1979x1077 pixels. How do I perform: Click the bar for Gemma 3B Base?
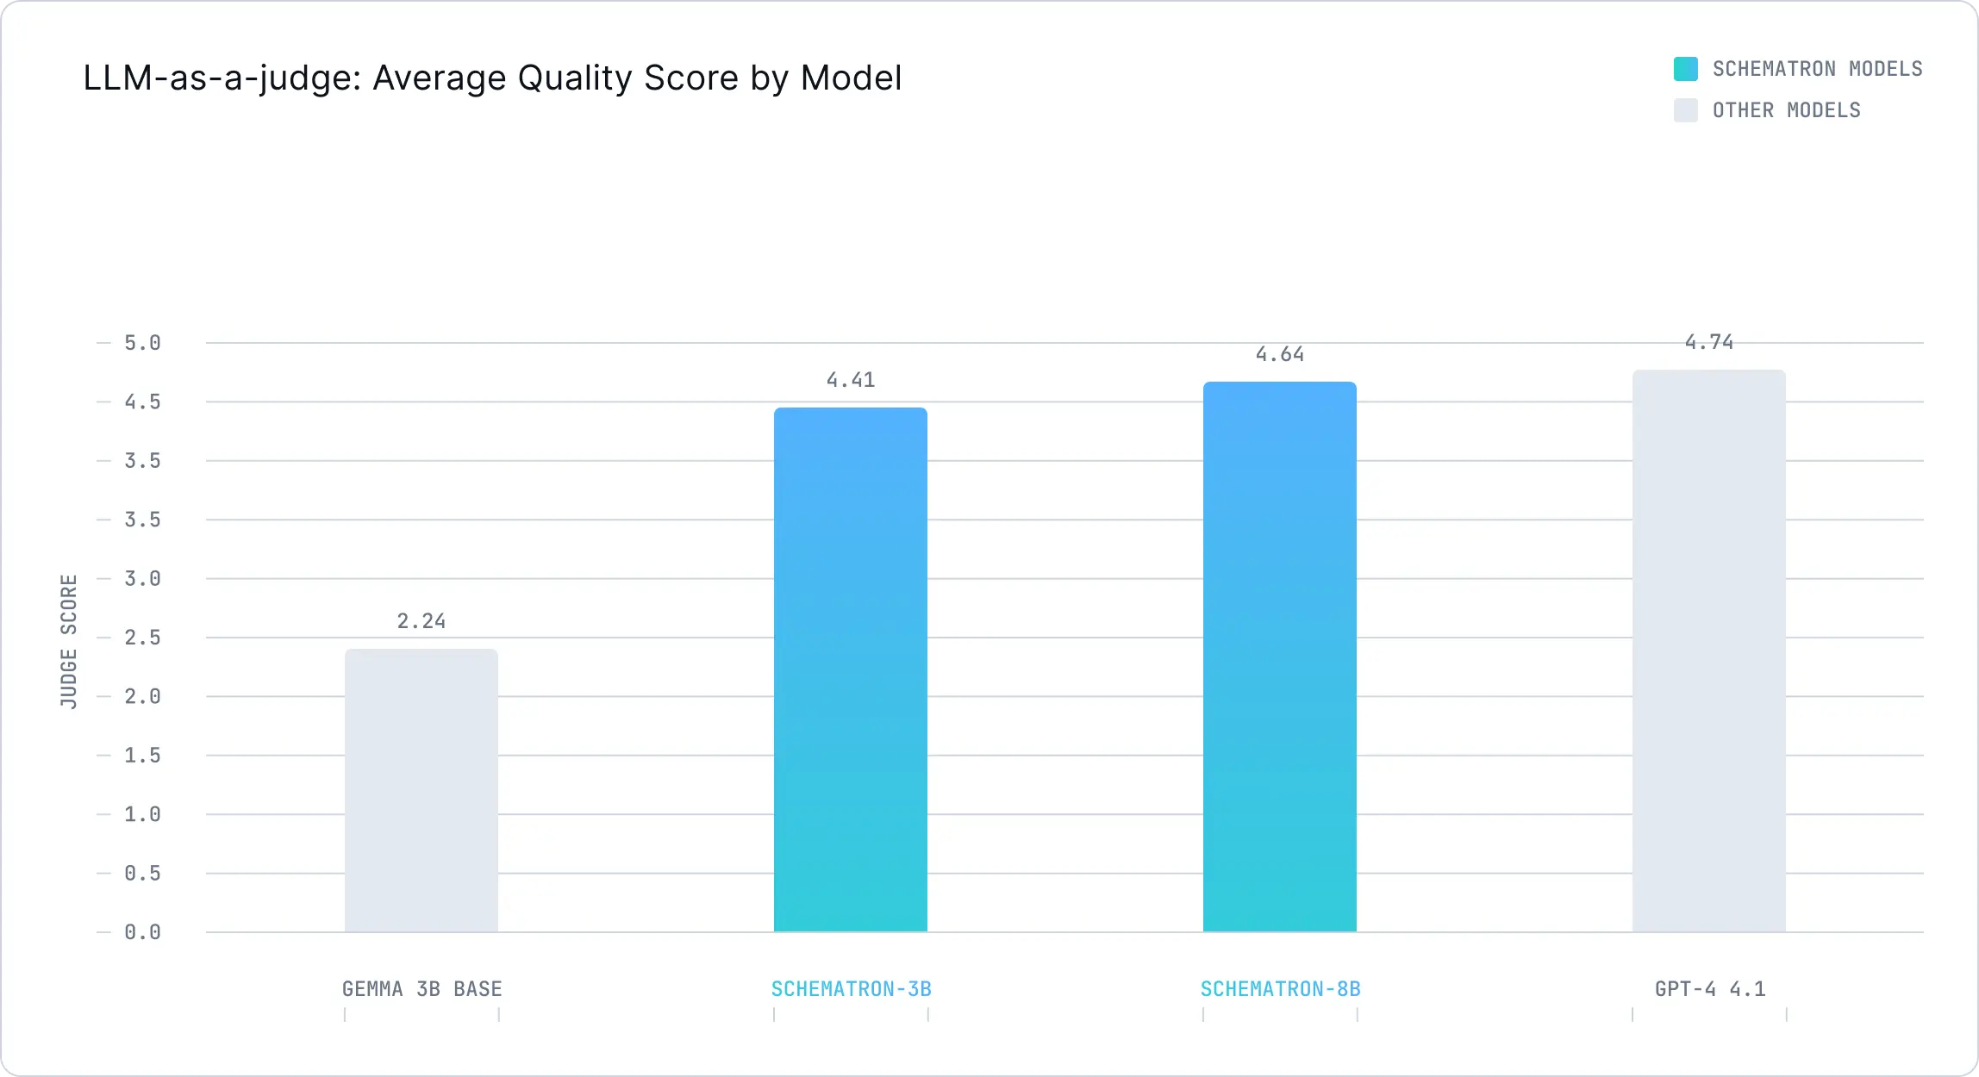421,790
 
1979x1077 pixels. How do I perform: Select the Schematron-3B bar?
851,669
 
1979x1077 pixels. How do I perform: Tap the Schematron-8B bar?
1280,657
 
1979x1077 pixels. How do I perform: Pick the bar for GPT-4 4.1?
1709,651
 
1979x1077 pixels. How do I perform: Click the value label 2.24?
421,621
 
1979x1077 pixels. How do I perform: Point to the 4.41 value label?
851,380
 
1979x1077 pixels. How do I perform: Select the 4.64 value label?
1280,354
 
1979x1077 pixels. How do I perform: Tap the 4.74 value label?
1709,342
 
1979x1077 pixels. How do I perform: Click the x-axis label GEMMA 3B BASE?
421,989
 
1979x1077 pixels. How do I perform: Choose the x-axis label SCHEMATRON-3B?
851,989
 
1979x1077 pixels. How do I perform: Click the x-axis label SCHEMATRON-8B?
1280,989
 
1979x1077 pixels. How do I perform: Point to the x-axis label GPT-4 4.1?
1710,989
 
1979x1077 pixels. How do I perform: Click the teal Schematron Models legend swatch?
1685,69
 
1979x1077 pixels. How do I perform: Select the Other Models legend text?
1786,110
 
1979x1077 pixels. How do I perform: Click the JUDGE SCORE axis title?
69,641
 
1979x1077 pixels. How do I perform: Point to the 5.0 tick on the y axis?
142,343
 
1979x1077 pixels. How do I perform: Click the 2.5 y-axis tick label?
142,638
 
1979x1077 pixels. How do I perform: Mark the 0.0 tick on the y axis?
142,932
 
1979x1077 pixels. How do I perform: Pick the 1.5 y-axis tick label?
142,756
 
